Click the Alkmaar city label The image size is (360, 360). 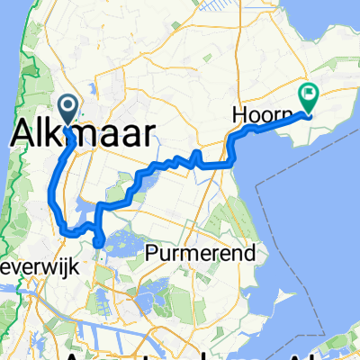(x=81, y=131)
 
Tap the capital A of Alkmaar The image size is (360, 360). (x=22, y=131)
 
